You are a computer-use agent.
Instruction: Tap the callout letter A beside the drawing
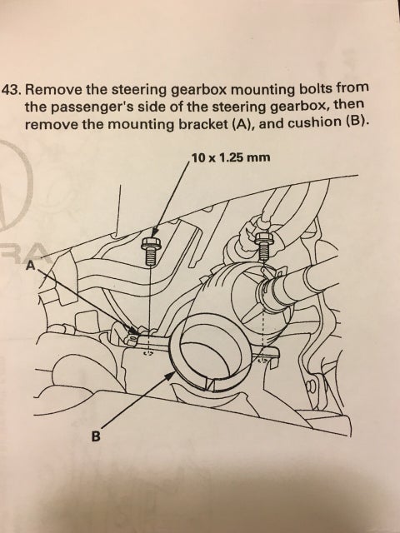(x=31, y=266)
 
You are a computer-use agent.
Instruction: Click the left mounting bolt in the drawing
(x=152, y=249)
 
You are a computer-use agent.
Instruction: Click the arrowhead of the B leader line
(x=172, y=376)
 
